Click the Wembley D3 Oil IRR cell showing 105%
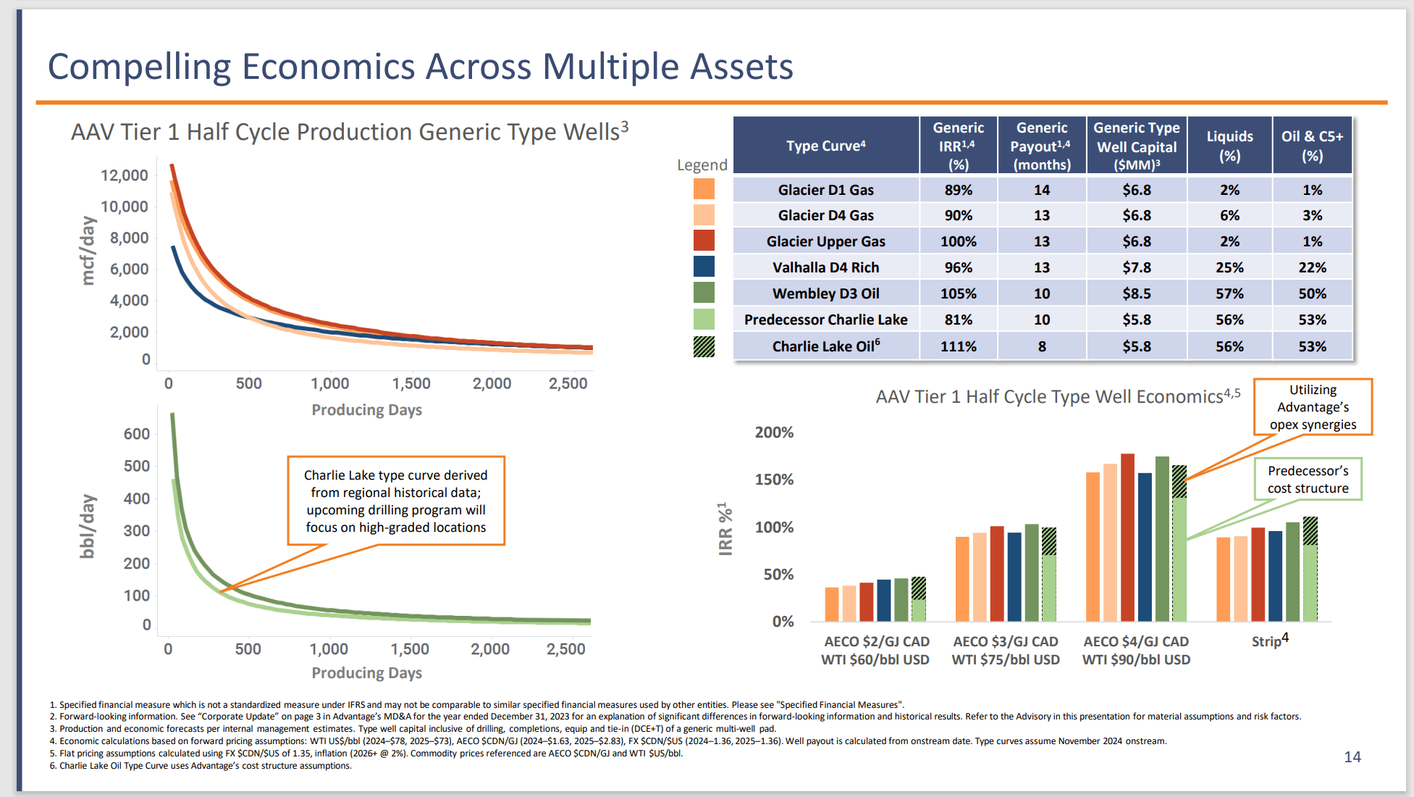[958, 293]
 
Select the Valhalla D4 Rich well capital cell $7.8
[1136, 267]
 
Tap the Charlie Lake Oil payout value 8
[1041, 346]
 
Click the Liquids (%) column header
[1229, 146]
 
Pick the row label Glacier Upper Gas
[825, 241]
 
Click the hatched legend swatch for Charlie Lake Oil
[704, 346]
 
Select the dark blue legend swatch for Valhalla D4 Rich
[704, 267]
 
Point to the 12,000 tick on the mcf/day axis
[125, 175]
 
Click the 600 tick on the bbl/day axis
[137, 434]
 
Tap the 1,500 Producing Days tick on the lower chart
[410, 649]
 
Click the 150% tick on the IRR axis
[774, 480]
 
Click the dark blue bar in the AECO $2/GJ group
[884, 600]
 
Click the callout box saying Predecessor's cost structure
[1308, 480]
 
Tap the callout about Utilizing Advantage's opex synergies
[1313, 407]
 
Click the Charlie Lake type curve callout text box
[396, 501]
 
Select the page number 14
[1352, 757]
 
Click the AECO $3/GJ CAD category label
[1006, 642]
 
